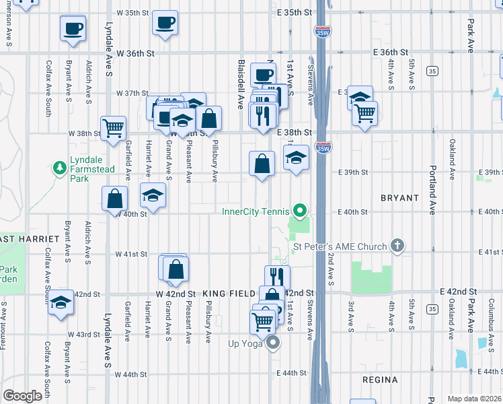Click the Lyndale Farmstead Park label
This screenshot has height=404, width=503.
point(79,173)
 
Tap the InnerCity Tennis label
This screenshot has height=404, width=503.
point(255,211)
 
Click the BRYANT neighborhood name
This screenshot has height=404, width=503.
point(399,198)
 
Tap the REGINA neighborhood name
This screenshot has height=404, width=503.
point(379,380)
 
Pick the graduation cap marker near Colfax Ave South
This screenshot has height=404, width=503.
point(61,302)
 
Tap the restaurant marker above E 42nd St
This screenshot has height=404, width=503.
point(276,276)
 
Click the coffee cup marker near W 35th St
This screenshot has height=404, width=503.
point(165,24)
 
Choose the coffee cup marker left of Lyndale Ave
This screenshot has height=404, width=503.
point(73,29)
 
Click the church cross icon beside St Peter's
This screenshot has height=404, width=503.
point(397,246)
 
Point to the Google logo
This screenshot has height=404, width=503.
point(22,396)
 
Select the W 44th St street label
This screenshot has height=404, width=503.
point(130,374)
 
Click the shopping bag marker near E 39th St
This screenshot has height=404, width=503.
point(262,163)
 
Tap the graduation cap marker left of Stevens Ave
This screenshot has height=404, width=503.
point(296,158)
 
